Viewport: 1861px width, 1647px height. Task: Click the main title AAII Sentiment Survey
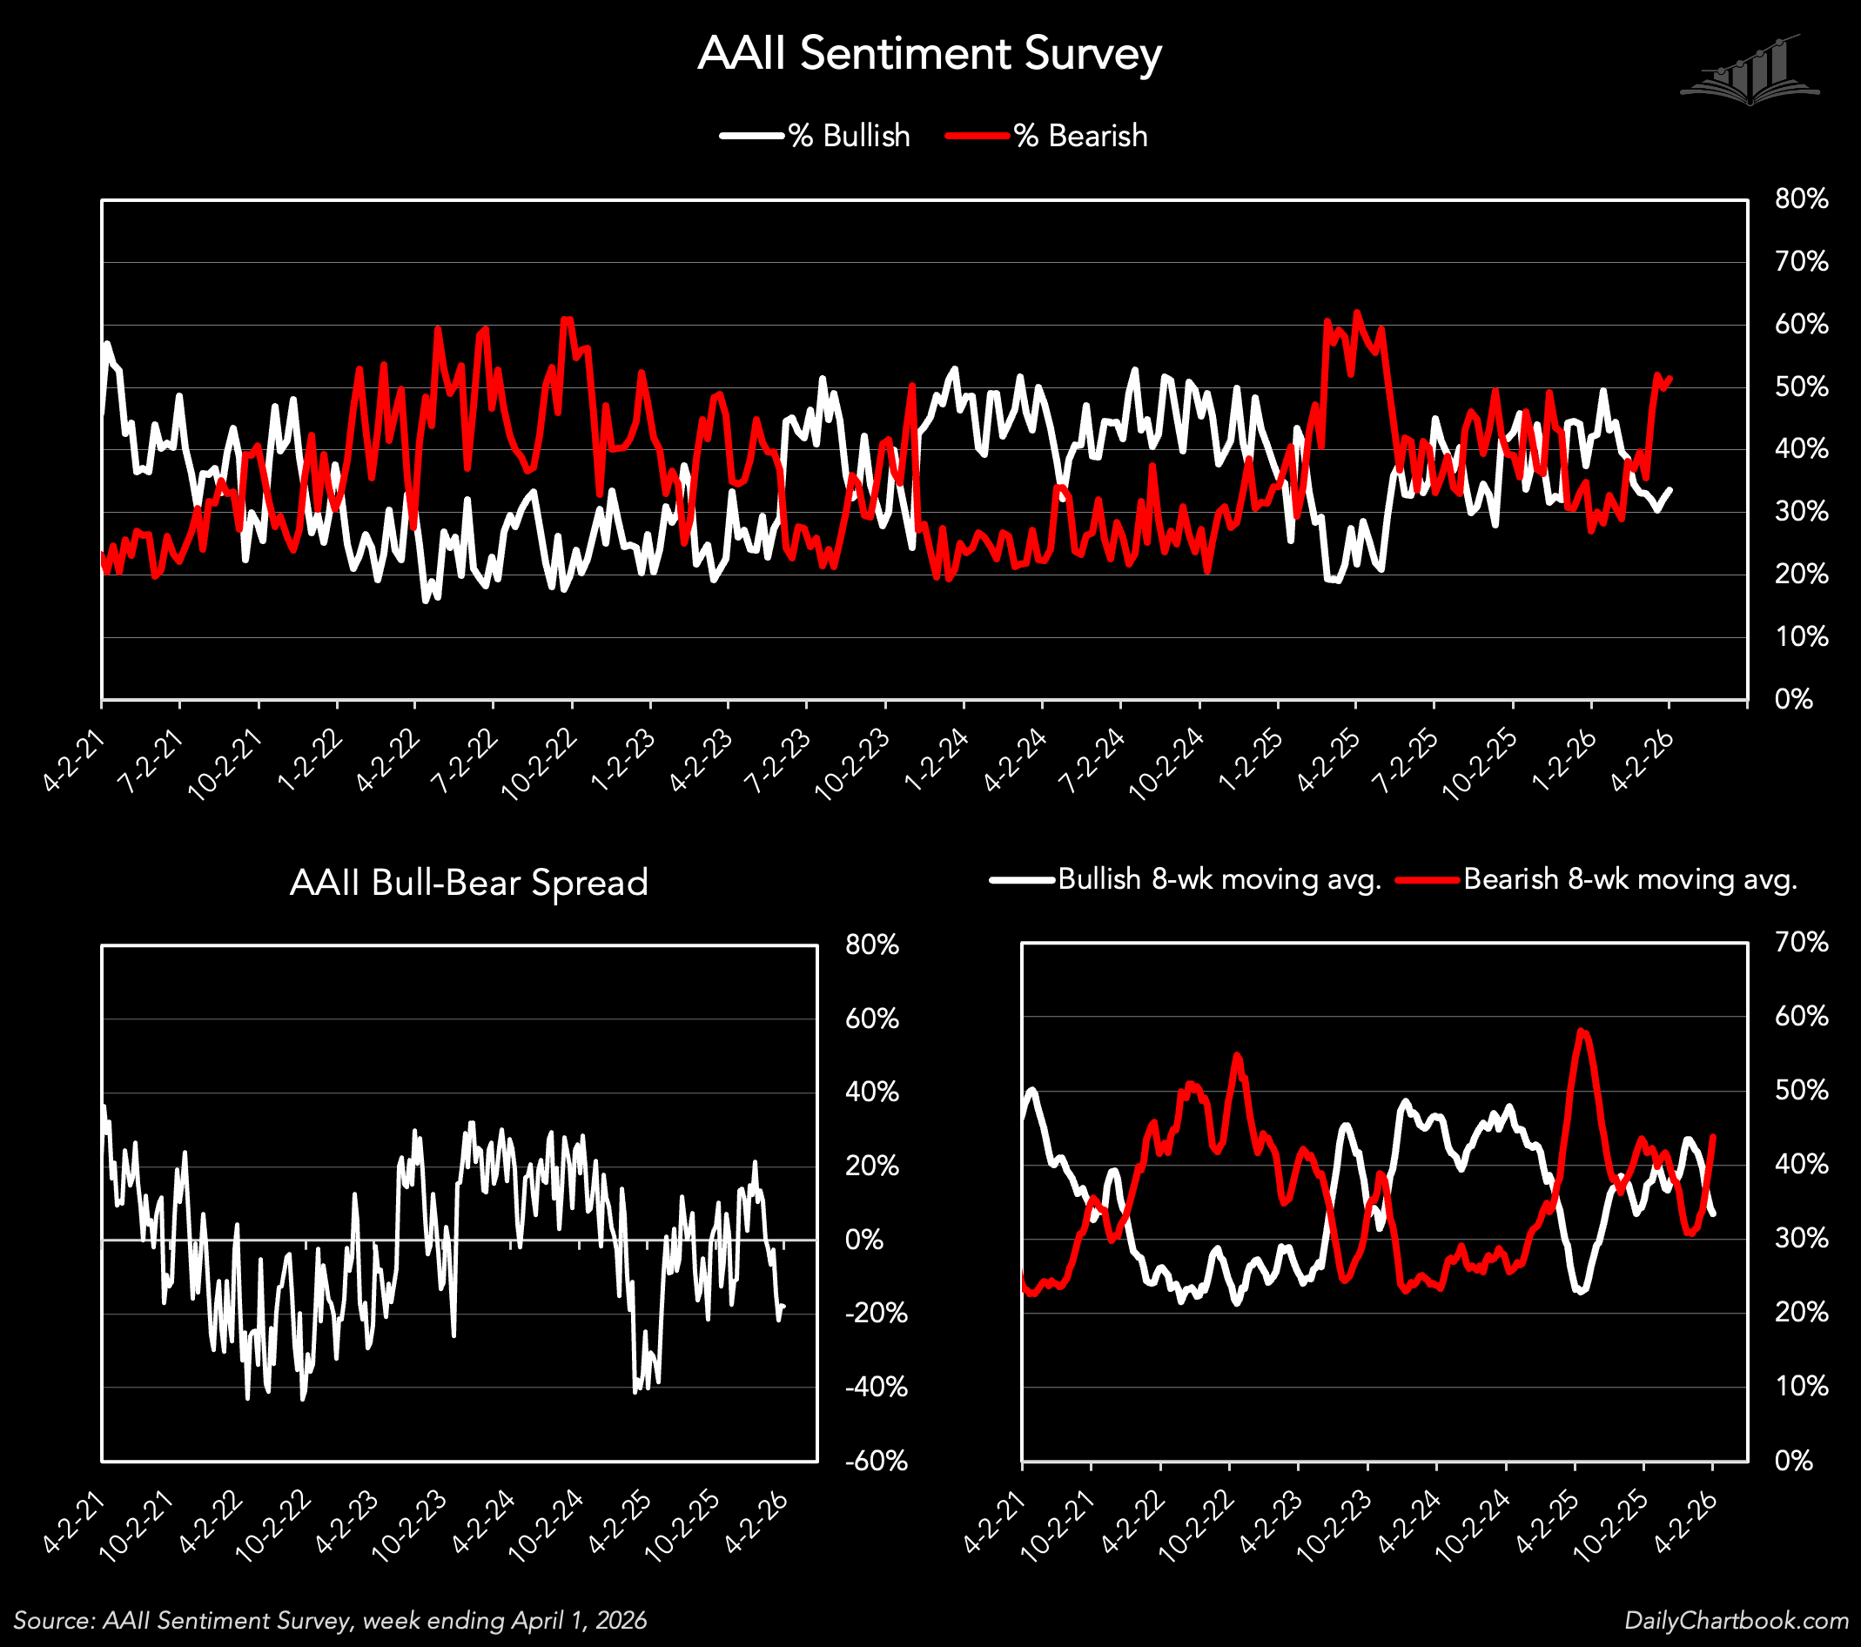point(930,54)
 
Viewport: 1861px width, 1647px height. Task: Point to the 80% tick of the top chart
point(1800,199)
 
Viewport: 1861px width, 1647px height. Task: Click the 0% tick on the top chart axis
point(1793,699)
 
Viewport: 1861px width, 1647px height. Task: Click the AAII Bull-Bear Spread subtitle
point(469,882)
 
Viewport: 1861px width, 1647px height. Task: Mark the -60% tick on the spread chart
point(876,1462)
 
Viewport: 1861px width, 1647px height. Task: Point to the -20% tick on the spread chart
point(876,1313)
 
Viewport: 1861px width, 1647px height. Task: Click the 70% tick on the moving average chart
point(1800,942)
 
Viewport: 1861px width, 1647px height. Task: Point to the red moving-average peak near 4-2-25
point(1582,1031)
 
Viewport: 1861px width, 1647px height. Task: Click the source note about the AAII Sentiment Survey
point(330,1621)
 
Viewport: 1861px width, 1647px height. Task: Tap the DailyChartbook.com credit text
point(1737,1621)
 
